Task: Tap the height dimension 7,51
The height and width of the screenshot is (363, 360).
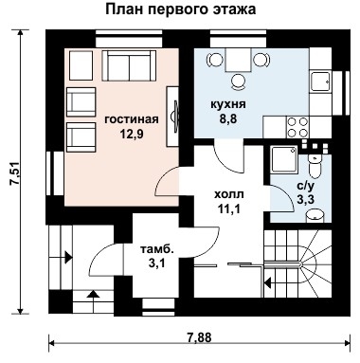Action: point(14,173)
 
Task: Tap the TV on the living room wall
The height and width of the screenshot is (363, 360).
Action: point(174,112)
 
